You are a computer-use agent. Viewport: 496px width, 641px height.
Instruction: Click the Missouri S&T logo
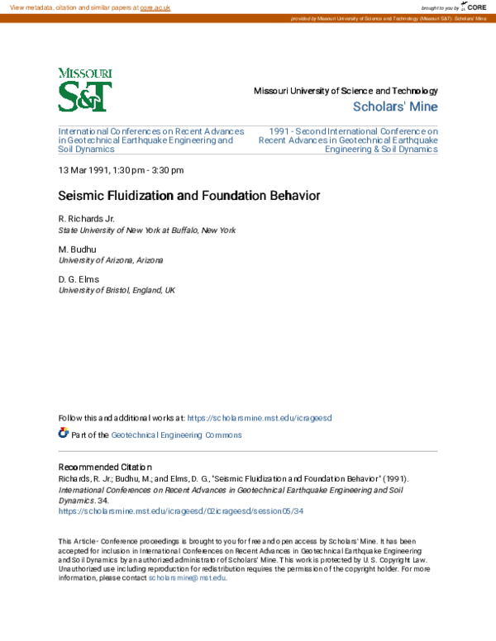[85, 90]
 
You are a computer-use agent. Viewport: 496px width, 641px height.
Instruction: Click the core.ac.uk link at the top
[155, 7]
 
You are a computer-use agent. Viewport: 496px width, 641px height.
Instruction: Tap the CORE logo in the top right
[474, 7]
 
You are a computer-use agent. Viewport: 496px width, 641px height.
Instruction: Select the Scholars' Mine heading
[395, 107]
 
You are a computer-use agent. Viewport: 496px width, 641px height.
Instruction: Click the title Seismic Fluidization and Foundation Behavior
[188, 196]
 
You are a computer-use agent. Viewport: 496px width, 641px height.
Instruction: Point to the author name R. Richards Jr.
[87, 218]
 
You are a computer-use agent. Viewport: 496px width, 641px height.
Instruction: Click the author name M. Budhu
[77, 249]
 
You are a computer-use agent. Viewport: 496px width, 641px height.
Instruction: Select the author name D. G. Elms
[79, 279]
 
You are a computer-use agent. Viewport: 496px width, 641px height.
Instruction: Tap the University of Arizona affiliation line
[111, 259]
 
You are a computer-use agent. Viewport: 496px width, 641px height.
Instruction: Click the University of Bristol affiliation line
[117, 290]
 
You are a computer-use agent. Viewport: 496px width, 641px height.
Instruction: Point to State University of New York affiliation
[146, 230]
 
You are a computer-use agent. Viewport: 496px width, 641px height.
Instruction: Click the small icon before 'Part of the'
[64, 434]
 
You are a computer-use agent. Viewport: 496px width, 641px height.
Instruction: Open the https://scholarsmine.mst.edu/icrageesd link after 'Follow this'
[260, 418]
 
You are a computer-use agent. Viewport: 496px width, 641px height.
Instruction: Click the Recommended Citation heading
[105, 467]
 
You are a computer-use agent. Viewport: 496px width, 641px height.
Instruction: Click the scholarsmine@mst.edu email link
[187, 577]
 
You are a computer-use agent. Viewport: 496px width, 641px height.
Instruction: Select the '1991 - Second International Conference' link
[348, 140]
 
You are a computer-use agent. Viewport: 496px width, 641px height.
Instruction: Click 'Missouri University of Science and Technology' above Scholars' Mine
[346, 91]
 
